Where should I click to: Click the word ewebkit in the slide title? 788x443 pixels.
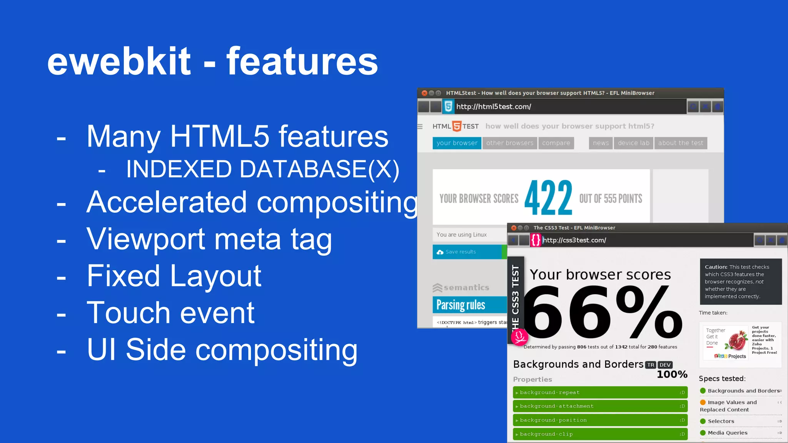point(119,62)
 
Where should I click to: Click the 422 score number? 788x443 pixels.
point(548,198)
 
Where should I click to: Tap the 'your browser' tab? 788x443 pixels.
point(457,143)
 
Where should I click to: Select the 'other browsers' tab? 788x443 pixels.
point(509,143)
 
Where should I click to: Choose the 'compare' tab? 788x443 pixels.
point(556,143)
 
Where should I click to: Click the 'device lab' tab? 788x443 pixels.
point(633,143)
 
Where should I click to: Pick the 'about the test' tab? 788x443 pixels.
point(680,143)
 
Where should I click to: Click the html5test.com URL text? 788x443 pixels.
point(494,107)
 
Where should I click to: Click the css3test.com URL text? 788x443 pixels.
point(574,240)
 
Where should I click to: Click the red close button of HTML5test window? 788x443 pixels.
point(424,93)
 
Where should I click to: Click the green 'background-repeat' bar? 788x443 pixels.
point(600,393)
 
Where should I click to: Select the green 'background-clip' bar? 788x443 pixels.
point(600,434)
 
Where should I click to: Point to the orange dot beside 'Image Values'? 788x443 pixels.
point(703,402)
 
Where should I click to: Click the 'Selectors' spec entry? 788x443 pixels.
point(721,421)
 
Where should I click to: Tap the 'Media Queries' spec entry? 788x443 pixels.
point(727,433)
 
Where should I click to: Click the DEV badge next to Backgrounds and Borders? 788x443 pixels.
point(665,365)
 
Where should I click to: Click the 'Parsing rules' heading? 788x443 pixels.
point(461,305)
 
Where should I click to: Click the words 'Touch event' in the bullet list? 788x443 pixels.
point(170,313)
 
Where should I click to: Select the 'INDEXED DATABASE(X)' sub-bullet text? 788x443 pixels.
point(263,169)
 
